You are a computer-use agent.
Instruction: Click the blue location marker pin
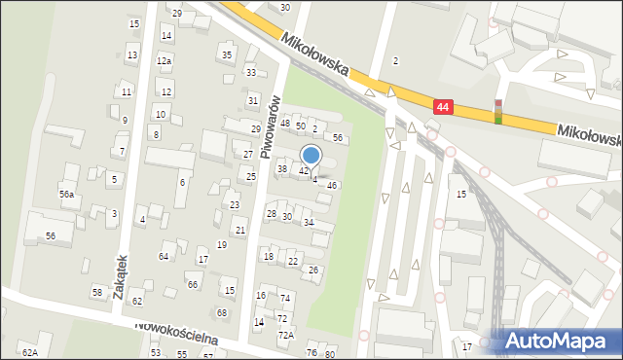[311, 156]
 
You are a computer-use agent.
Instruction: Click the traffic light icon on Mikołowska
[498, 112]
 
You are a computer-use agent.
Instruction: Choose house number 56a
[66, 195]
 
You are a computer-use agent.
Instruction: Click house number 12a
[165, 60]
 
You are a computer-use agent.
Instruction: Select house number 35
[227, 54]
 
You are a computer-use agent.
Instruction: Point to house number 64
[164, 256]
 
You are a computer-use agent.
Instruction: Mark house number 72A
[285, 335]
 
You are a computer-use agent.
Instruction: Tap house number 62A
[30, 352]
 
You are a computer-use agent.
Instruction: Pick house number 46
[332, 185]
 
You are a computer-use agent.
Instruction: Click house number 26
[313, 270]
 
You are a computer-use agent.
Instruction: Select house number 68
[222, 312]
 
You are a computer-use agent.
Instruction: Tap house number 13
[131, 55]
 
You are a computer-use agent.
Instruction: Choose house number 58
[97, 292]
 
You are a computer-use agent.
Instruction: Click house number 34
[309, 223]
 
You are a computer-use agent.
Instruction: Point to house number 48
[285, 124]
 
